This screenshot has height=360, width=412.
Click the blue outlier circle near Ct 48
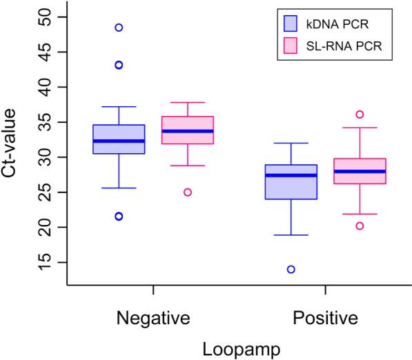[x=119, y=28]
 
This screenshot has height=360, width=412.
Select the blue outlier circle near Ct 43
[x=119, y=65]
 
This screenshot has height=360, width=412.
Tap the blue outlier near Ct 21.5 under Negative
[x=119, y=217]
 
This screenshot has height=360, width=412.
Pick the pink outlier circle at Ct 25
[x=188, y=192]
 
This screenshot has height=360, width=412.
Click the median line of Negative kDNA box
[x=119, y=141]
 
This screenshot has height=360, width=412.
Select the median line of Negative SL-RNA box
[x=188, y=131]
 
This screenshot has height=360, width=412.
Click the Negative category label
[x=153, y=319]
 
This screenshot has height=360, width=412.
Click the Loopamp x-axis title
[x=239, y=349]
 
